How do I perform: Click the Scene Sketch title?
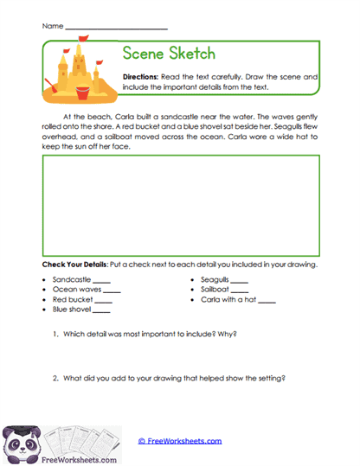[x=170, y=54]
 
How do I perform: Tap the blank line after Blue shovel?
[x=100, y=310]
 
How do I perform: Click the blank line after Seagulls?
[x=239, y=282]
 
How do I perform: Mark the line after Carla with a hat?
[x=267, y=301]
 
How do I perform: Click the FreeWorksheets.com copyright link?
[x=180, y=441]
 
